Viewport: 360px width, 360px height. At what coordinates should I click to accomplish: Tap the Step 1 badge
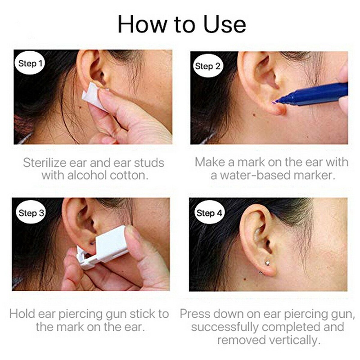click(31, 63)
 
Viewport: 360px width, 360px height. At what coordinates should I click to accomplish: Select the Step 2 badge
click(207, 66)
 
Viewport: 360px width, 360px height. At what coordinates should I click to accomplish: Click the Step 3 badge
click(31, 212)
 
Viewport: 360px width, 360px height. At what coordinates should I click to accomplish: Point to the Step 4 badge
click(210, 213)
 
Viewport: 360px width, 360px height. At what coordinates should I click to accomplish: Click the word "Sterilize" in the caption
click(47, 162)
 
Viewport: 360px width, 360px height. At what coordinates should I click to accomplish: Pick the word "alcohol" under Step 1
click(94, 175)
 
